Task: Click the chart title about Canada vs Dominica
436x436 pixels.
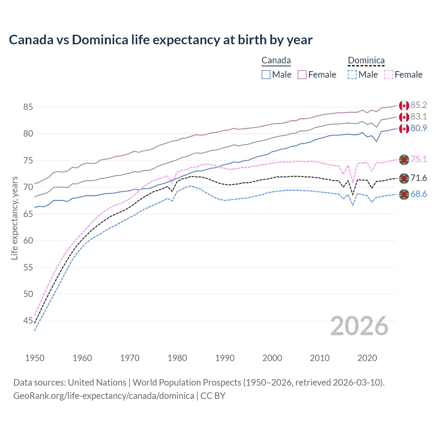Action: click(x=160, y=40)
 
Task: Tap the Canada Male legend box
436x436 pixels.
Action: click(x=266, y=75)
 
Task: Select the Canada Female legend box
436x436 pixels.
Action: click(x=302, y=75)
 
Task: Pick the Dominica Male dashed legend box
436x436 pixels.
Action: click(x=352, y=75)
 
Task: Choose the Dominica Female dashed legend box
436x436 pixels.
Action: click(x=388, y=75)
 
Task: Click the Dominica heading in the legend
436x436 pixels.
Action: click(x=366, y=61)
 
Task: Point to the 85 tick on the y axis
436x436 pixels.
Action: click(x=28, y=107)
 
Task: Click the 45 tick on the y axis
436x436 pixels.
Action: click(x=28, y=321)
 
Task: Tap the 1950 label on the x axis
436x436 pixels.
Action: click(x=35, y=358)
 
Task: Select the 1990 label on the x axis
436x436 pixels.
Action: click(x=225, y=358)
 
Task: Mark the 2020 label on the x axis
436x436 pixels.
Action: click(x=367, y=358)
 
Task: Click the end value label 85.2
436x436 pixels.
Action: click(x=419, y=105)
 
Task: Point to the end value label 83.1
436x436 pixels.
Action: click(x=419, y=117)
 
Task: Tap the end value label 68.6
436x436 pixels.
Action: click(x=419, y=194)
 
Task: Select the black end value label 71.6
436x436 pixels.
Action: click(x=419, y=178)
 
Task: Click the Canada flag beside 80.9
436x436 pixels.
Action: click(x=404, y=129)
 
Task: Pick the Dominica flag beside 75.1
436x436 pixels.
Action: click(x=404, y=159)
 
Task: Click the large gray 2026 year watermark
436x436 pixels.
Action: click(x=359, y=326)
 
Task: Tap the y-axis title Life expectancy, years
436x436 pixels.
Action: click(x=14, y=218)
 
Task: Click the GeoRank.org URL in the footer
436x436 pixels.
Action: click(x=104, y=396)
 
